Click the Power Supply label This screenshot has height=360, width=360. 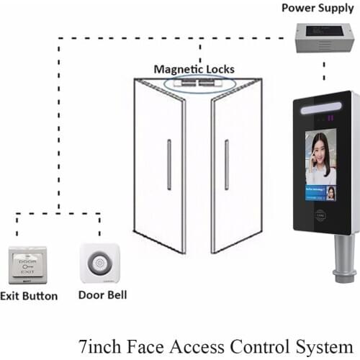(x=318, y=8)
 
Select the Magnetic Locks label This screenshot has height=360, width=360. (x=194, y=70)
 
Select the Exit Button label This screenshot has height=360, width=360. (x=29, y=296)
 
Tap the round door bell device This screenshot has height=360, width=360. (x=99, y=264)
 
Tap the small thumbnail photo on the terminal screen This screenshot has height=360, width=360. (x=330, y=192)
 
